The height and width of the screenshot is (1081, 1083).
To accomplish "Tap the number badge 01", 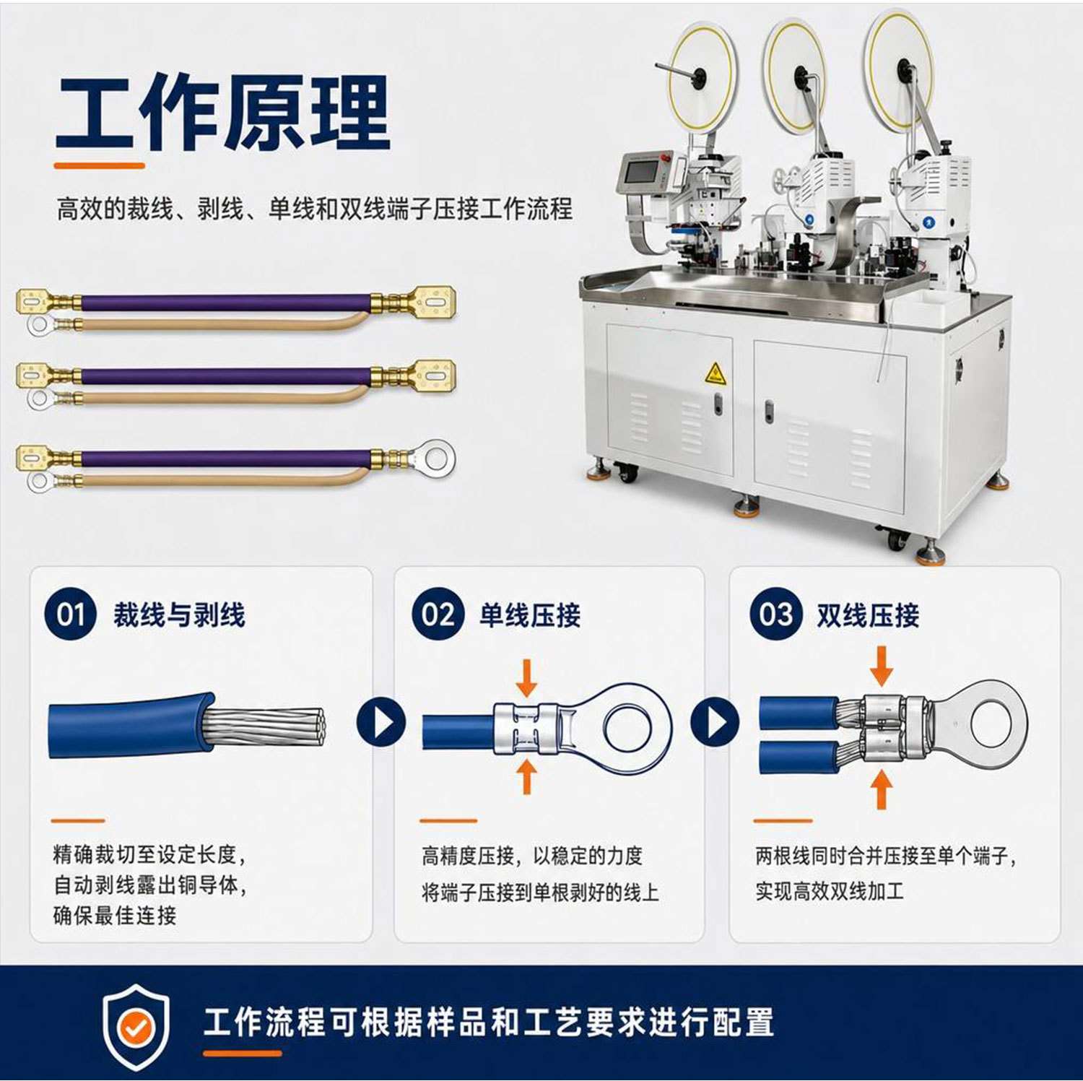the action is click(70, 615).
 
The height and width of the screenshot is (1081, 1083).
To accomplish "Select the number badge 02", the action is click(438, 615).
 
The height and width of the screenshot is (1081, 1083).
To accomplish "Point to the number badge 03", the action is click(775, 615).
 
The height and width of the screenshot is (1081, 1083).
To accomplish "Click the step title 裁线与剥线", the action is click(179, 615).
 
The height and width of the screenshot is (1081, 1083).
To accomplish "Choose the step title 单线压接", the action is click(530, 615).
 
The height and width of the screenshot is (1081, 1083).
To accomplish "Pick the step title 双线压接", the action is click(868, 615).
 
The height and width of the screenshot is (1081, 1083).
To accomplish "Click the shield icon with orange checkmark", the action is click(136, 1026).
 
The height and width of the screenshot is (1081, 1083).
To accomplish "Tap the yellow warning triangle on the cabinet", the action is click(714, 373).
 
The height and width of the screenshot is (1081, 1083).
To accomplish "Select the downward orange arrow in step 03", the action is click(881, 665).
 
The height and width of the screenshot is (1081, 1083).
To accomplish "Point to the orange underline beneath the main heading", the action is click(100, 165).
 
